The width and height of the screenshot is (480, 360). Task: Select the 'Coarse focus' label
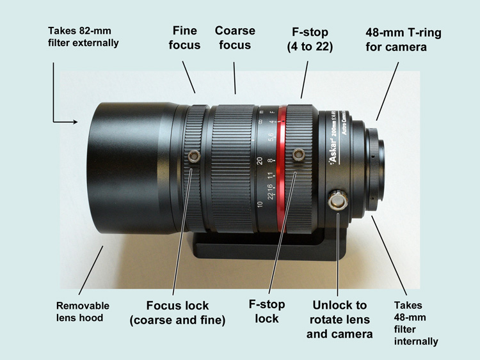click(x=234, y=38)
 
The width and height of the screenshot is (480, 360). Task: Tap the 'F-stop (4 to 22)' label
click(x=308, y=38)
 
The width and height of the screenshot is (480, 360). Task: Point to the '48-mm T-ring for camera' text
click(x=403, y=38)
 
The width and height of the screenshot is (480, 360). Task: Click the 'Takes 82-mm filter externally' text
click(x=84, y=36)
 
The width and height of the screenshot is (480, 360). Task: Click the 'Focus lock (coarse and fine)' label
click(x=178, y=313)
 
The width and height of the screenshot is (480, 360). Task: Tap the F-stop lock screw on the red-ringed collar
click(x=298, y=155)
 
